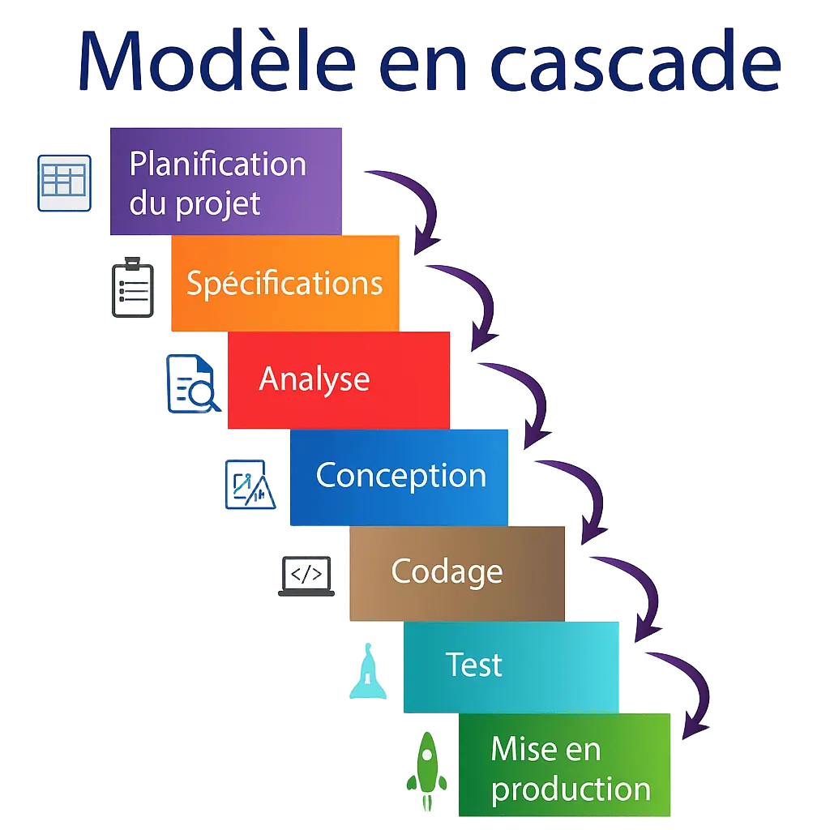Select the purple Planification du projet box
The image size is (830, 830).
(x=225, y=182)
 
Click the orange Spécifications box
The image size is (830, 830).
(x=285, y=283)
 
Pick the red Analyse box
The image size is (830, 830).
(x=338, y=379)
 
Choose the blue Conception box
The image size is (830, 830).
(x=400, y=477)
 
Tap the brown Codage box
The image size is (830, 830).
(x=456, y=572)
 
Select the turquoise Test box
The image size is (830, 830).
(x=511, y=666)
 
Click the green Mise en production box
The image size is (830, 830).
(x=565, y=766)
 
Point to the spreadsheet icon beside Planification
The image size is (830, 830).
(x=65, y=182)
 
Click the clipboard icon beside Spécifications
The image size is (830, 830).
(x=132, y=288)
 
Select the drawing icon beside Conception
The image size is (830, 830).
(x=250, y=485)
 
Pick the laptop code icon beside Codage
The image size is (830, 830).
(x=306, y=576)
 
